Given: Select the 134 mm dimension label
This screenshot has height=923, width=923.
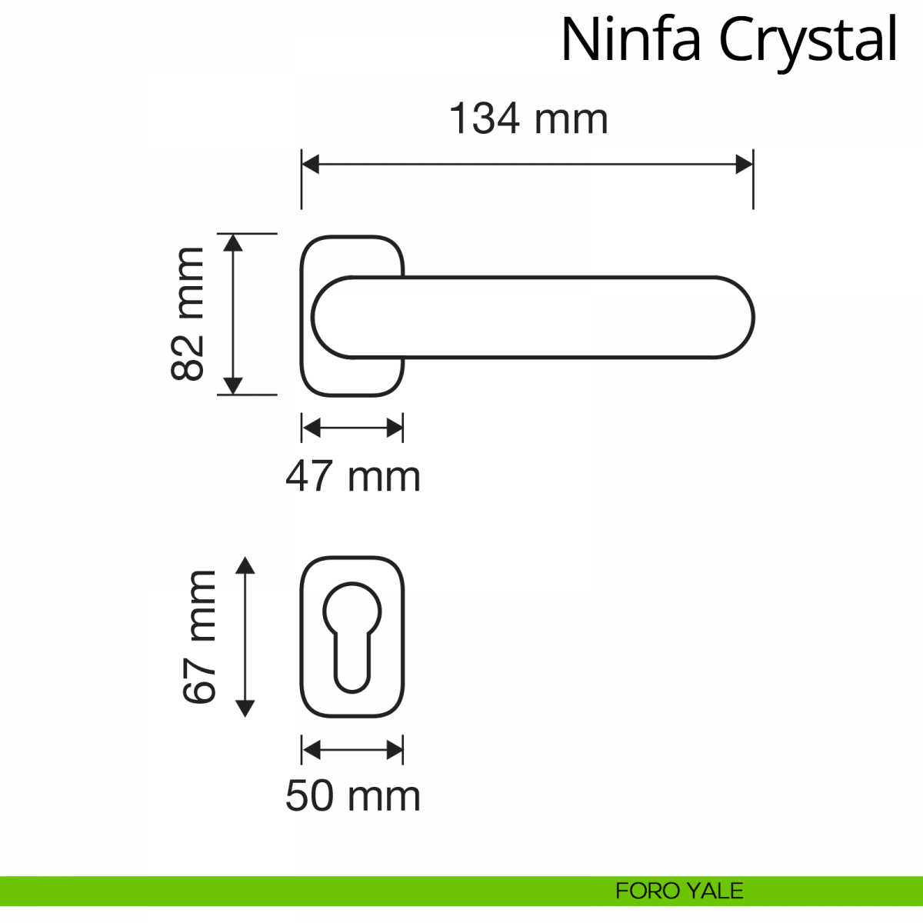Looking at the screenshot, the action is (528, 118).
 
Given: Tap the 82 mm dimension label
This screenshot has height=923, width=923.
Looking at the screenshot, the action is (188, 314).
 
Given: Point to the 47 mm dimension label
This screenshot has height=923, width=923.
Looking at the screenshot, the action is (353, 477).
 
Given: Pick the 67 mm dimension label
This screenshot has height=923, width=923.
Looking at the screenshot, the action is (199, 637).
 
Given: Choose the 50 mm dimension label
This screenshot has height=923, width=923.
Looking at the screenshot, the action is (353, 796).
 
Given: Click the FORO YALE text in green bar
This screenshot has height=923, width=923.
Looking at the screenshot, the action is (679, 891).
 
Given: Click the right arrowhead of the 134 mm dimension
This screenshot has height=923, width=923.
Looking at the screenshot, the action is (745, 165).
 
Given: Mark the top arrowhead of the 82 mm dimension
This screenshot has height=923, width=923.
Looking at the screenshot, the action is (233, 243).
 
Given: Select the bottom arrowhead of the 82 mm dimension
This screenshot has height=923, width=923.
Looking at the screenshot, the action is (233, 385).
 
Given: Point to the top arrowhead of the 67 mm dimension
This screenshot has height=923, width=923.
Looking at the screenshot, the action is (245, 565).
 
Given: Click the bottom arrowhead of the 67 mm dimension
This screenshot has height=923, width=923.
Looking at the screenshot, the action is (245, 708).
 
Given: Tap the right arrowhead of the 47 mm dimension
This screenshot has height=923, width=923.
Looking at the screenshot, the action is (395, 428).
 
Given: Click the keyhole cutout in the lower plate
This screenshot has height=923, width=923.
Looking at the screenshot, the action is (352, 638).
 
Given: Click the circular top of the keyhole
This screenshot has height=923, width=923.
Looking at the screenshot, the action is (352, 611).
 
